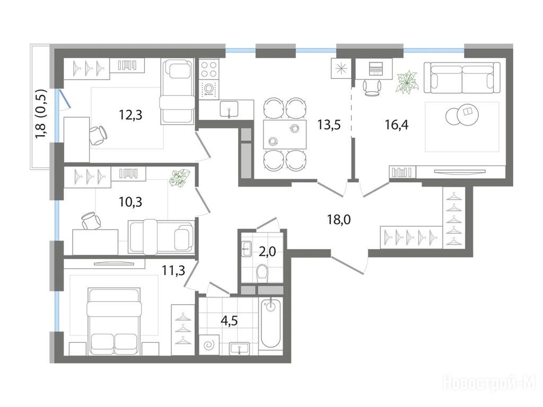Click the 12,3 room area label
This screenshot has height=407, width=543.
130,114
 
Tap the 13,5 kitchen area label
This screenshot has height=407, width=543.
329,125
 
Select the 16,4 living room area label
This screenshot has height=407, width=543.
397,124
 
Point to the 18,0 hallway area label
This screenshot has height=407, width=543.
339,219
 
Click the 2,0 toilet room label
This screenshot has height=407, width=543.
267,251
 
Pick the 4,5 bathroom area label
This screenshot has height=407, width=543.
229,321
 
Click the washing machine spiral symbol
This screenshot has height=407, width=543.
209,344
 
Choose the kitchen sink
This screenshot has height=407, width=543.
229,109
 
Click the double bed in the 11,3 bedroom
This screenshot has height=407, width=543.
115,321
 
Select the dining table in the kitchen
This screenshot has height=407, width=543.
285,134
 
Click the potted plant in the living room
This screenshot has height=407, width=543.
408,82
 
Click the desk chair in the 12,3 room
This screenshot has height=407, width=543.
98,135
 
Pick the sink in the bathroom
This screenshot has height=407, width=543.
239,348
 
